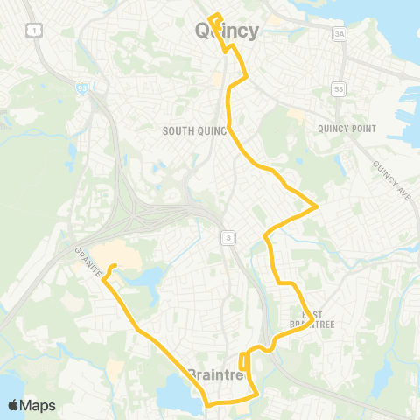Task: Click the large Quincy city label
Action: (225, 31)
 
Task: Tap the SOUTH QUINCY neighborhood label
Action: (194, 131)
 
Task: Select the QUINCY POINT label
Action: (347, 129)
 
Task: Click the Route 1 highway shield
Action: (32, 31)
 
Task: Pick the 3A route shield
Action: (339, 34)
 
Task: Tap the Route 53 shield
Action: (339, 89)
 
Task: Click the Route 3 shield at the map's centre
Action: (227, 237)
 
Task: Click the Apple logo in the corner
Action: (14, 405)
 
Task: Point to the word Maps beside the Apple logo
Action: (38, 405)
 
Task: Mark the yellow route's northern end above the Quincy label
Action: (213, 12)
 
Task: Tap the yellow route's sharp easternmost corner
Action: (317, 207)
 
